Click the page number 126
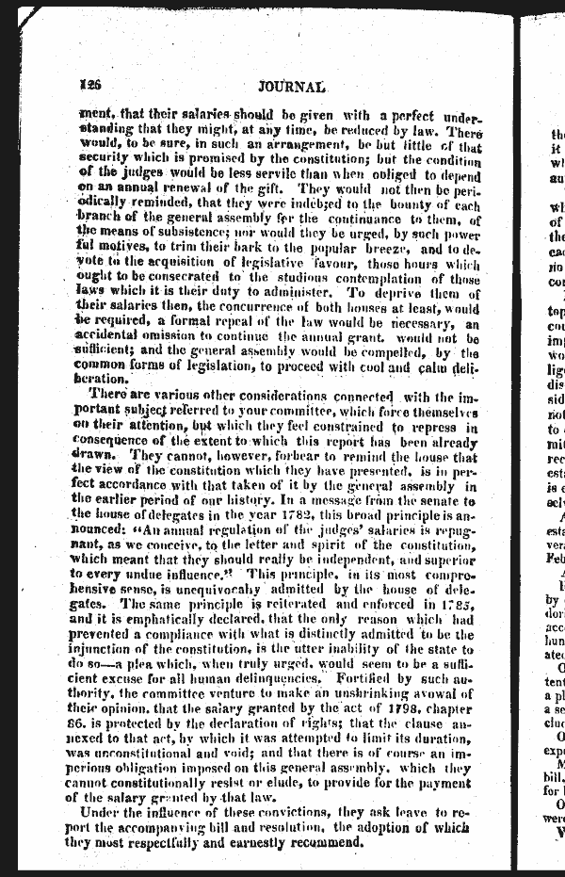tap(91, 84)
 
